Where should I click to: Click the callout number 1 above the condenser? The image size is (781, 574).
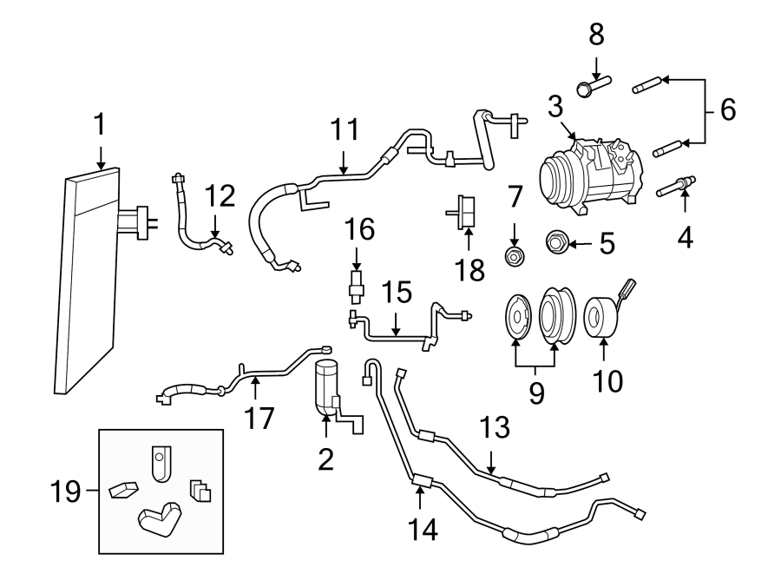pyautogui.click(x=100, y=125)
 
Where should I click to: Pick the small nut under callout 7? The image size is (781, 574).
pyautogui.click(x=514, y=255)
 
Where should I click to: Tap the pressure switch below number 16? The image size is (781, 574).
pyautogui.click(x=356, y=282)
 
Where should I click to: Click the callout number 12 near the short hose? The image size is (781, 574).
pyautogui.click(x=220, y=195)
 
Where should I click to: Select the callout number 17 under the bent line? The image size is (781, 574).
pyautogui.click(x=259, y=418)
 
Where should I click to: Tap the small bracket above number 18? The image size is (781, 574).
pyautogui.click(x=466, y=209)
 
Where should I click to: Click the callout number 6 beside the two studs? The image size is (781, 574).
pyautogui.click(x=727, y=110)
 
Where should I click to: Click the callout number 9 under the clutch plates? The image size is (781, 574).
pyautogui.click(x=535, y=392)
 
